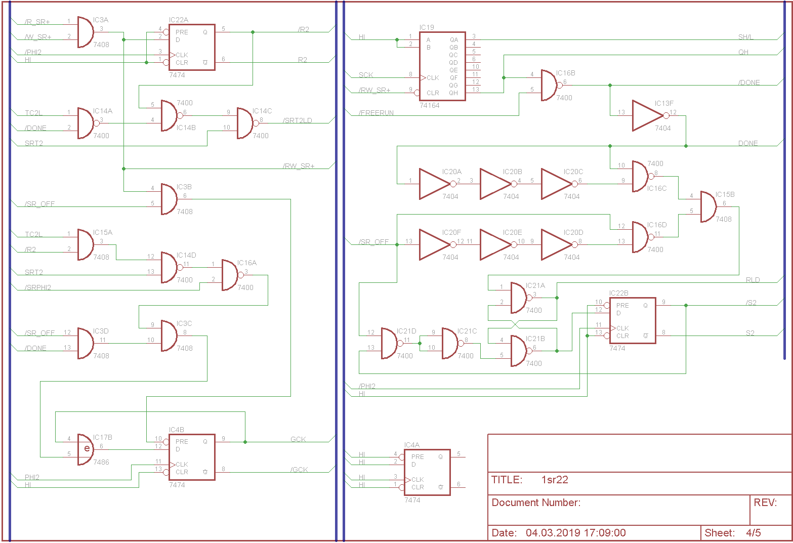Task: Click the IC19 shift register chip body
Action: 442,66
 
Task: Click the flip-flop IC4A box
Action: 427,472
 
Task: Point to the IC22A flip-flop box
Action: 192,47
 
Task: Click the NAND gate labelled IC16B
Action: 549,86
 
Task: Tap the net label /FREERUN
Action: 376,113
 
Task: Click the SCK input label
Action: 366,75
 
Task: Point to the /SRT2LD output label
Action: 298,120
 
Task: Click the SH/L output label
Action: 745,37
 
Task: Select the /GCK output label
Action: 299,470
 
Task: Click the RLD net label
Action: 753,280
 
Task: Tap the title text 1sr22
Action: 555,480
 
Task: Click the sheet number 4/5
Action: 753,532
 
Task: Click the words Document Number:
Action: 536,503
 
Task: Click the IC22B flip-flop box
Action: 632,321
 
